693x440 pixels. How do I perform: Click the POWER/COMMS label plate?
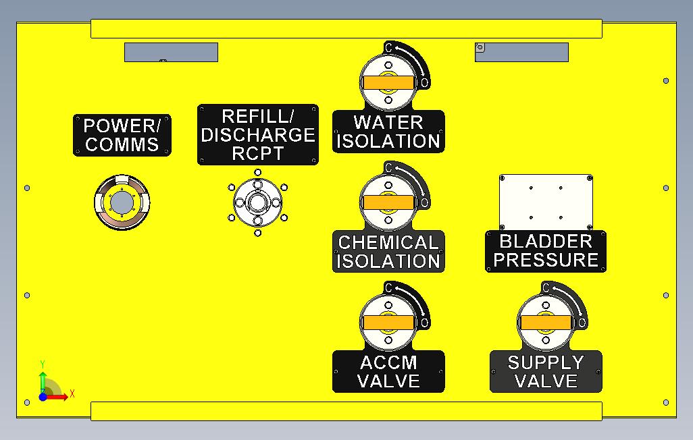click(x=122, y=135)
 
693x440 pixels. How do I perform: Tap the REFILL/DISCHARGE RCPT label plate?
click(x=257, y=134)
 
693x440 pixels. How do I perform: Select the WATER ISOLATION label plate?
click(x=388, y=132)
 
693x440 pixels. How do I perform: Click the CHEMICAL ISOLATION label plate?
click(x=388, y=252)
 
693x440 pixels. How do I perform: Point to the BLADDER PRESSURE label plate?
click(x=546, y=251)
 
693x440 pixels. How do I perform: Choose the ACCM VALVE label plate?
click(x=388, y=372)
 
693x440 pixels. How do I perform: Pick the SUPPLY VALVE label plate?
click(x=546, y=372)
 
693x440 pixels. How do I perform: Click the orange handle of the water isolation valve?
click(x=388, y=82)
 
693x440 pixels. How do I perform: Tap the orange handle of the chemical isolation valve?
click(x=388, y=202)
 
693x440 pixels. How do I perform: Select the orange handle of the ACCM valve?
click(x=388, y=323)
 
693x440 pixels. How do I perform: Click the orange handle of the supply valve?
click(x=546, y=323)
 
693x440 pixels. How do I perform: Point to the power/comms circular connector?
click(x=122, y=202)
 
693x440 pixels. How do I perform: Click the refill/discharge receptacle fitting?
click(x=257, y=202)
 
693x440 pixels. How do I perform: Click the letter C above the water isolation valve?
click(x=388, y=47)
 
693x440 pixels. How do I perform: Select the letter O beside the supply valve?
click(x=582, y=323)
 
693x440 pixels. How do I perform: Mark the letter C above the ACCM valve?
click(x=388, y=288)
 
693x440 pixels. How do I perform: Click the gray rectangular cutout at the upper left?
click(x=171, y=52)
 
